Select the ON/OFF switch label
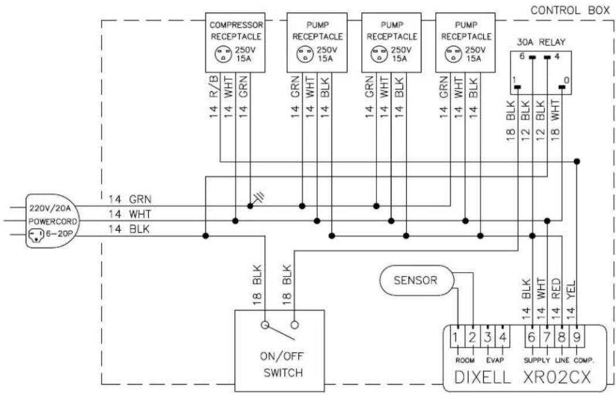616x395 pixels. coord(283,364)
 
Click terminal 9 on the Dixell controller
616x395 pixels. coord(577,337)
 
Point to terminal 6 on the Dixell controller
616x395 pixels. coord(532,337)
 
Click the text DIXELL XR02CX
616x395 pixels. coord(522,377)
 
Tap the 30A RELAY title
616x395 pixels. coord(541,42)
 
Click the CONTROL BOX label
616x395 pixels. coord(570,10)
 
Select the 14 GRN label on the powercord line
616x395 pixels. coord(130,199)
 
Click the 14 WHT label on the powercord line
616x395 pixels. coord(130,214)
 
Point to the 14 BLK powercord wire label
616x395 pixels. coord(129,229)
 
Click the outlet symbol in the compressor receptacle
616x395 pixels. coord(223,54)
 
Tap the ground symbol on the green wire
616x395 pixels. coord(257,199)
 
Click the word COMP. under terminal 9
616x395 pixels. coord(584,360)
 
